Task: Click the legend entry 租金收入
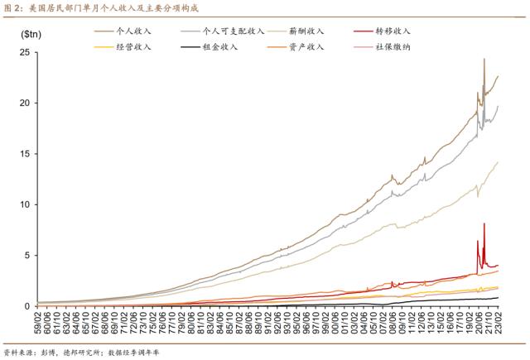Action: tap(224, 46)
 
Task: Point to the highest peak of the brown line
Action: tap(484, 60)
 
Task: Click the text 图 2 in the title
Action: tap(12, 7)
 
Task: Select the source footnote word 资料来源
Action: tap(18, 350)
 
